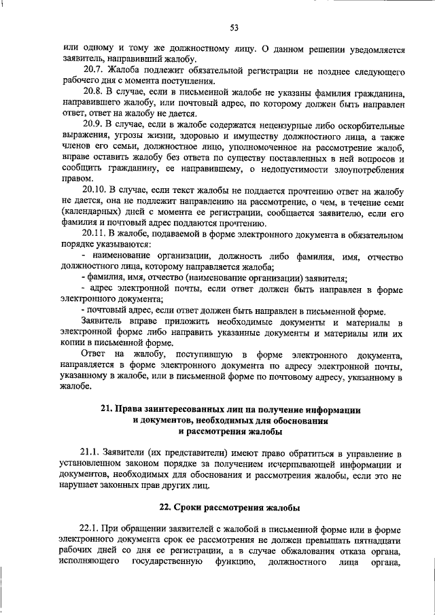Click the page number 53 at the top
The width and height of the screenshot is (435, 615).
pyautogui.click(x=234, y=27)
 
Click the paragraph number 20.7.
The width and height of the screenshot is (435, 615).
pyautogui.click(x=92, y=71)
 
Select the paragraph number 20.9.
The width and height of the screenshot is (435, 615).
pyautogui.click(x=92, y=124)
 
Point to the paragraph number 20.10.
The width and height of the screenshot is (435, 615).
pyautogui.click(x=95, y=189)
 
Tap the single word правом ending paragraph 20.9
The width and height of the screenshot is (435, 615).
pyautogui.click(x=74, y=178)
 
